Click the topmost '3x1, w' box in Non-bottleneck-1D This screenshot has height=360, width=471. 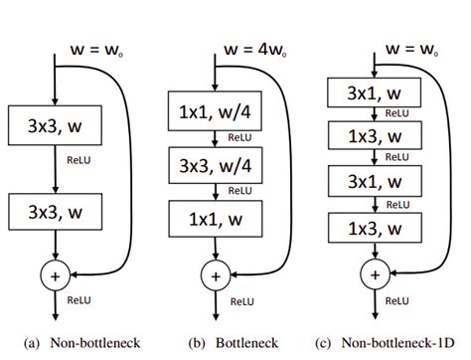[374, 94]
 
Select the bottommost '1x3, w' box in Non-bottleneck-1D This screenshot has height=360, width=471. [374, 228]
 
